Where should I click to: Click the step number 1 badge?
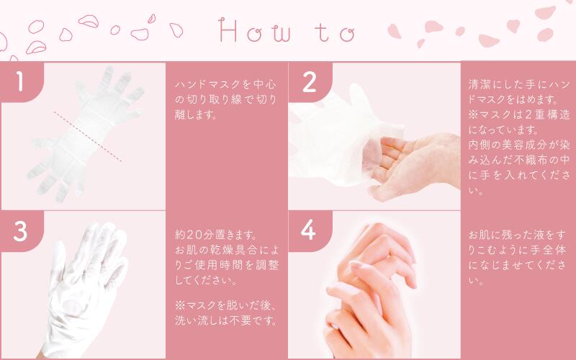coord(21,81)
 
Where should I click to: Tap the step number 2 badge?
coord(310,82)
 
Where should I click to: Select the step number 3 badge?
coord(21,231)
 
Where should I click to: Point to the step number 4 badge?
coord(310,230)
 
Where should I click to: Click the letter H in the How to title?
coord(228,30)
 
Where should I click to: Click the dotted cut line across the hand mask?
coord(88,137)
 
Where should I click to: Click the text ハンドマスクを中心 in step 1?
coord(225,84)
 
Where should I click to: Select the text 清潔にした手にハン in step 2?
coord(519,84)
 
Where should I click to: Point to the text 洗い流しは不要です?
coord(225,320)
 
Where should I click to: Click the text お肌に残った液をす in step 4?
coord(517,235)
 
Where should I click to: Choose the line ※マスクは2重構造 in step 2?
coord(519,114)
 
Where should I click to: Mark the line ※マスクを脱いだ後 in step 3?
coord(225,305)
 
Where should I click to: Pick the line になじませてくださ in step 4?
coord(517,265)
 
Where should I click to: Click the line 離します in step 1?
coord(195,115)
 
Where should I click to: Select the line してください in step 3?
coord(206,280)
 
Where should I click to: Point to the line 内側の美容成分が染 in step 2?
coord(519,145)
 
